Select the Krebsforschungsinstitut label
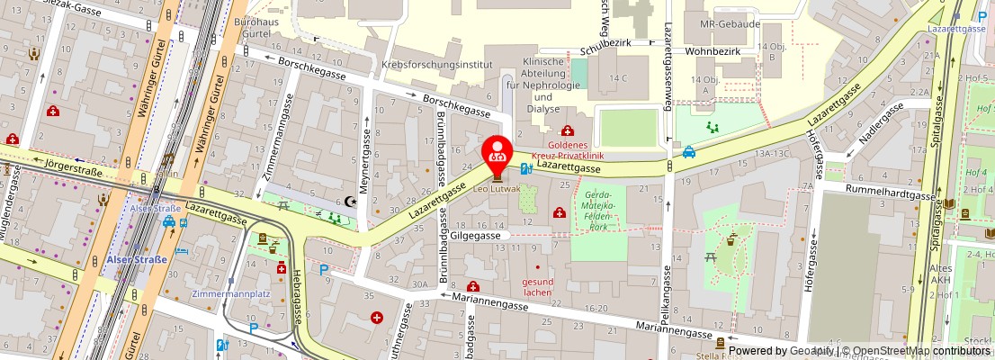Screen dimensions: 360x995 click(437, 65)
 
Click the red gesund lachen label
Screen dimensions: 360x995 click(538, 286)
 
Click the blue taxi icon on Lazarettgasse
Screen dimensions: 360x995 click(688, 152)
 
